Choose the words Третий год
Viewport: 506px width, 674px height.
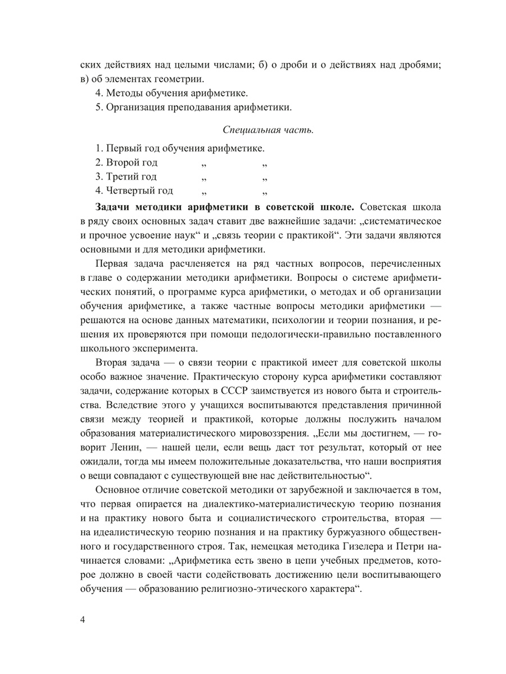pyautogui.click(x=125, y=176)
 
